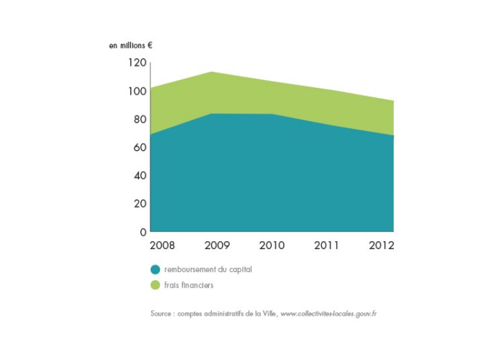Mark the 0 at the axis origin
tap(142, 232)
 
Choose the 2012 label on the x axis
tap(381, 245)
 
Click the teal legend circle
tap(155, 269)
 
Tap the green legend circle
tap(155, 285)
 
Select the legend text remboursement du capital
tap(203, 269)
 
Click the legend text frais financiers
tap(189, 285)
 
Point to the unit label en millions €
tap(130, 46)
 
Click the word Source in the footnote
tap(161, 314)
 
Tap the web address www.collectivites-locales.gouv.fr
tap(328, 314)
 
